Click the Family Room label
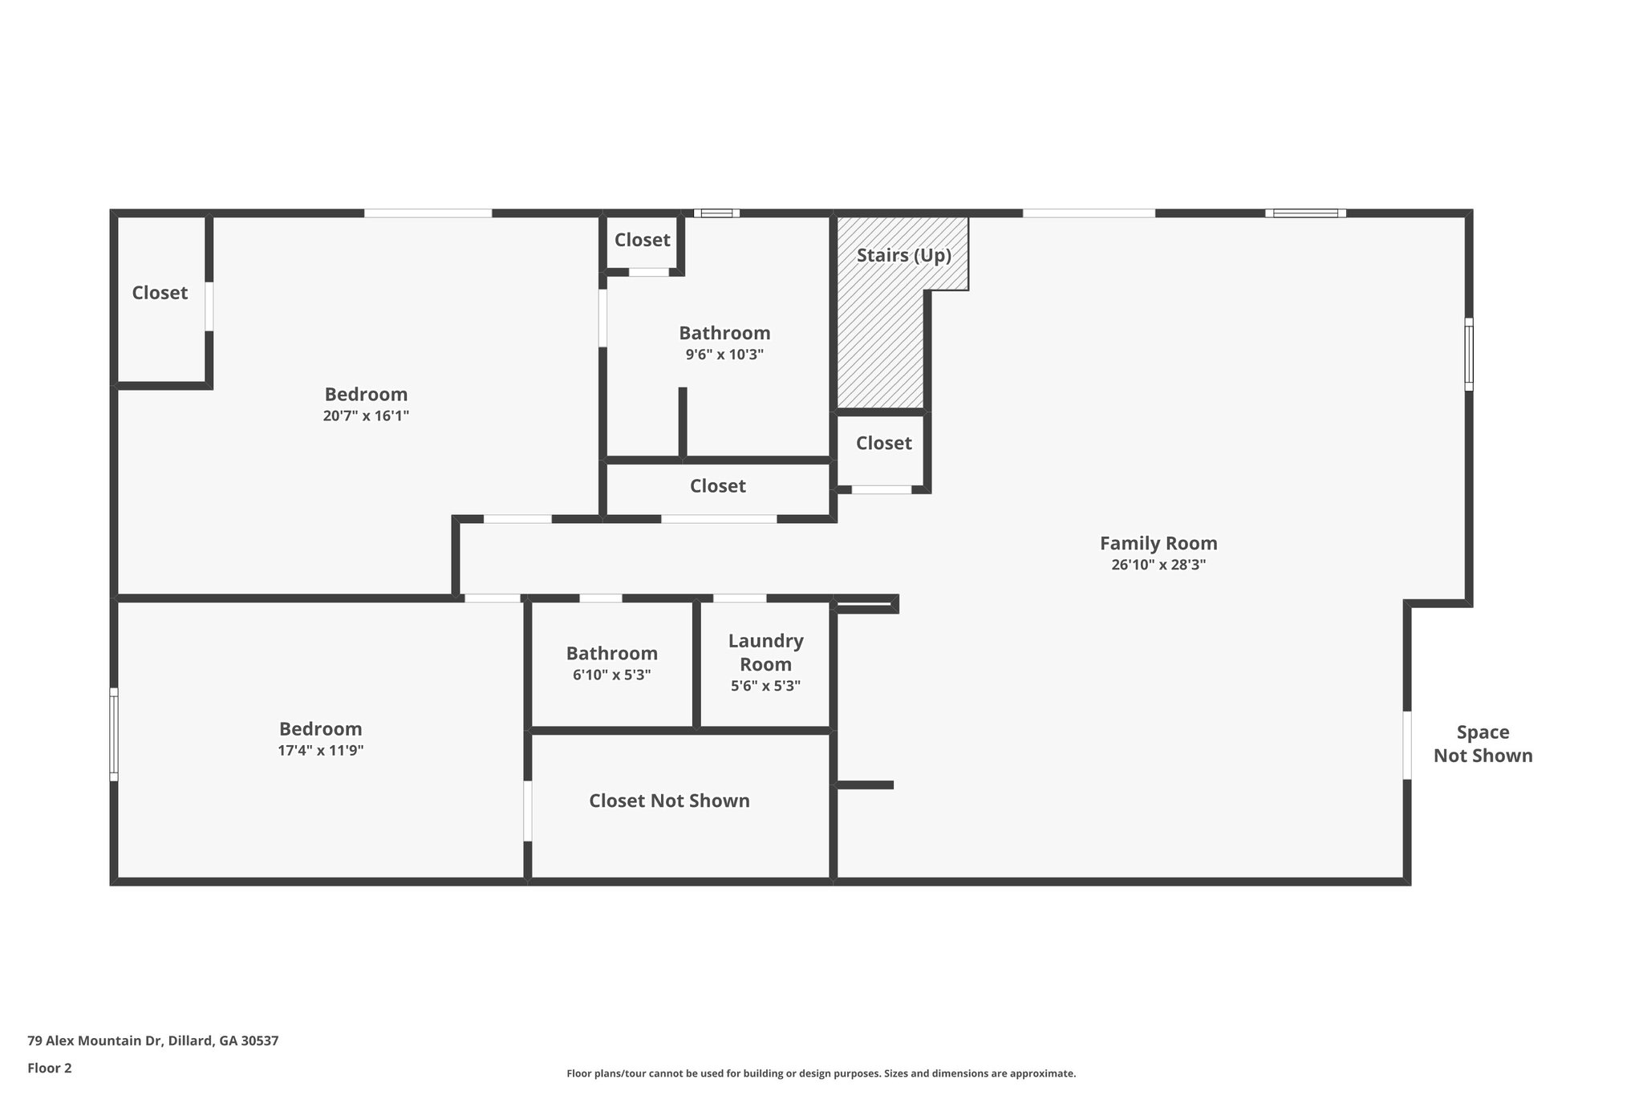point(1158,543)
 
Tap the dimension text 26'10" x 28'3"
point(1158,565)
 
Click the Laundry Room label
point(765,652)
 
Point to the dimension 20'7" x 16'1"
point(366,416)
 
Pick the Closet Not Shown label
point(669,801)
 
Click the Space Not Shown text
point(1483,744)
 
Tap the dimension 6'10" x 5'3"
point(611,675)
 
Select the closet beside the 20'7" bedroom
point(160,293)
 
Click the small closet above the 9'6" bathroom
point(642,240)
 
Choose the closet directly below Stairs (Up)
point(883,443)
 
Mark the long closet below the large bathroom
point(717,486)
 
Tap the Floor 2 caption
point(49,1068)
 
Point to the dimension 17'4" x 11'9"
point(320,751)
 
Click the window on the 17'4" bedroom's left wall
point(114,734)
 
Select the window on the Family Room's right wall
point(1468,354)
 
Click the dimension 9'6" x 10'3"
point(724,355)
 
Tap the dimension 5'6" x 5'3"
point(765,687)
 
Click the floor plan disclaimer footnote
point(821,1073)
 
